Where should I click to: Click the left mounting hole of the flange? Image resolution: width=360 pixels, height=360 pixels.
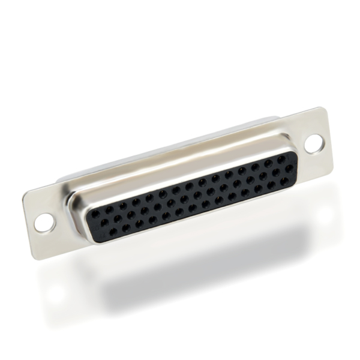click(44, 222)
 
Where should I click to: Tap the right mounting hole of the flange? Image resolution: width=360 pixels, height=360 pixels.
click(313, 143)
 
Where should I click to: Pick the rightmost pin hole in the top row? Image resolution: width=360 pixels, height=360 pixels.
click(281, 159)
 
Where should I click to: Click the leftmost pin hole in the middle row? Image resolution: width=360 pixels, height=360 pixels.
click(104, 222)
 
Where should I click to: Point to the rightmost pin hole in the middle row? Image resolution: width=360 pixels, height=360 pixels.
click(289, 169)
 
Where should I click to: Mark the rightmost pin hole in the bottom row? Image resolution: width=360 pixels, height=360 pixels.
click(284, 179)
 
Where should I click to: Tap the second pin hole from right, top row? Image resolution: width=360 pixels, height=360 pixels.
click(268, 163)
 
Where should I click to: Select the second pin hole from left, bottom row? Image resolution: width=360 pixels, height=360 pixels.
click(112, 229)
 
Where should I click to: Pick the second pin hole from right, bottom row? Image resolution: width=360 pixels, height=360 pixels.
click(271, 183)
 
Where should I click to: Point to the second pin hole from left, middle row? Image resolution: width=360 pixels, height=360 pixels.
click(117, 218)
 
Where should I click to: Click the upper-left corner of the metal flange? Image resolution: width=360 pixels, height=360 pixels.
click(26, 197)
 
